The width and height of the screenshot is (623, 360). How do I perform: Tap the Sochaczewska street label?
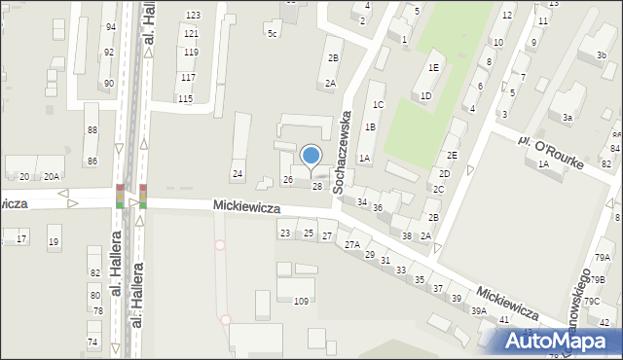tap(344, 152)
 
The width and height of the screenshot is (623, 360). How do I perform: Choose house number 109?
tap(302, 302)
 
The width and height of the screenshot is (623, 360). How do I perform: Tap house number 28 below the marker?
tap(316, 186)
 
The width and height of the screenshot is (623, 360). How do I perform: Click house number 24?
tap(237, 174)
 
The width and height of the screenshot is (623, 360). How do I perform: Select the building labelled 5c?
tap(273, 34)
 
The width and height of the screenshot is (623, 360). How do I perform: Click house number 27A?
tap(351, 245)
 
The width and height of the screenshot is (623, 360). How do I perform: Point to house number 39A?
tap(479, 310)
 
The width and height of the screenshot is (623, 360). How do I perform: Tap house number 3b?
tap(601, 55)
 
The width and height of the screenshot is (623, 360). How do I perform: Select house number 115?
tap(185, 99)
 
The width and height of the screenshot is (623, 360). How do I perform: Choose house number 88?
tap(92, 130)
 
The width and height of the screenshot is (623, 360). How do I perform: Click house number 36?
tap(378, 209)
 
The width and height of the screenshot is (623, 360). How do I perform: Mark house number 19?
tap(54, 242)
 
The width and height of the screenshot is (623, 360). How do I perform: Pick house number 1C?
tap(379, 104)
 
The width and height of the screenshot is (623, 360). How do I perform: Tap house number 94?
tap(110, 27)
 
